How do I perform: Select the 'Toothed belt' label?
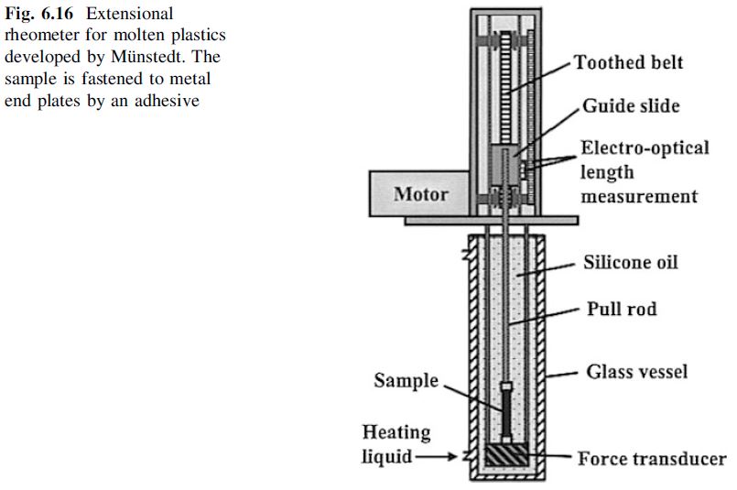coord(628,63)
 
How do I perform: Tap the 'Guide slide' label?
coord(631,106)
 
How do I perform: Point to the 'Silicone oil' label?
coord(631,262)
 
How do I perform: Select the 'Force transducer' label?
coord(651,459)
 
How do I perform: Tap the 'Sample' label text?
coord(406,380)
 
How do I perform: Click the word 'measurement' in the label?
coord(638,196)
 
